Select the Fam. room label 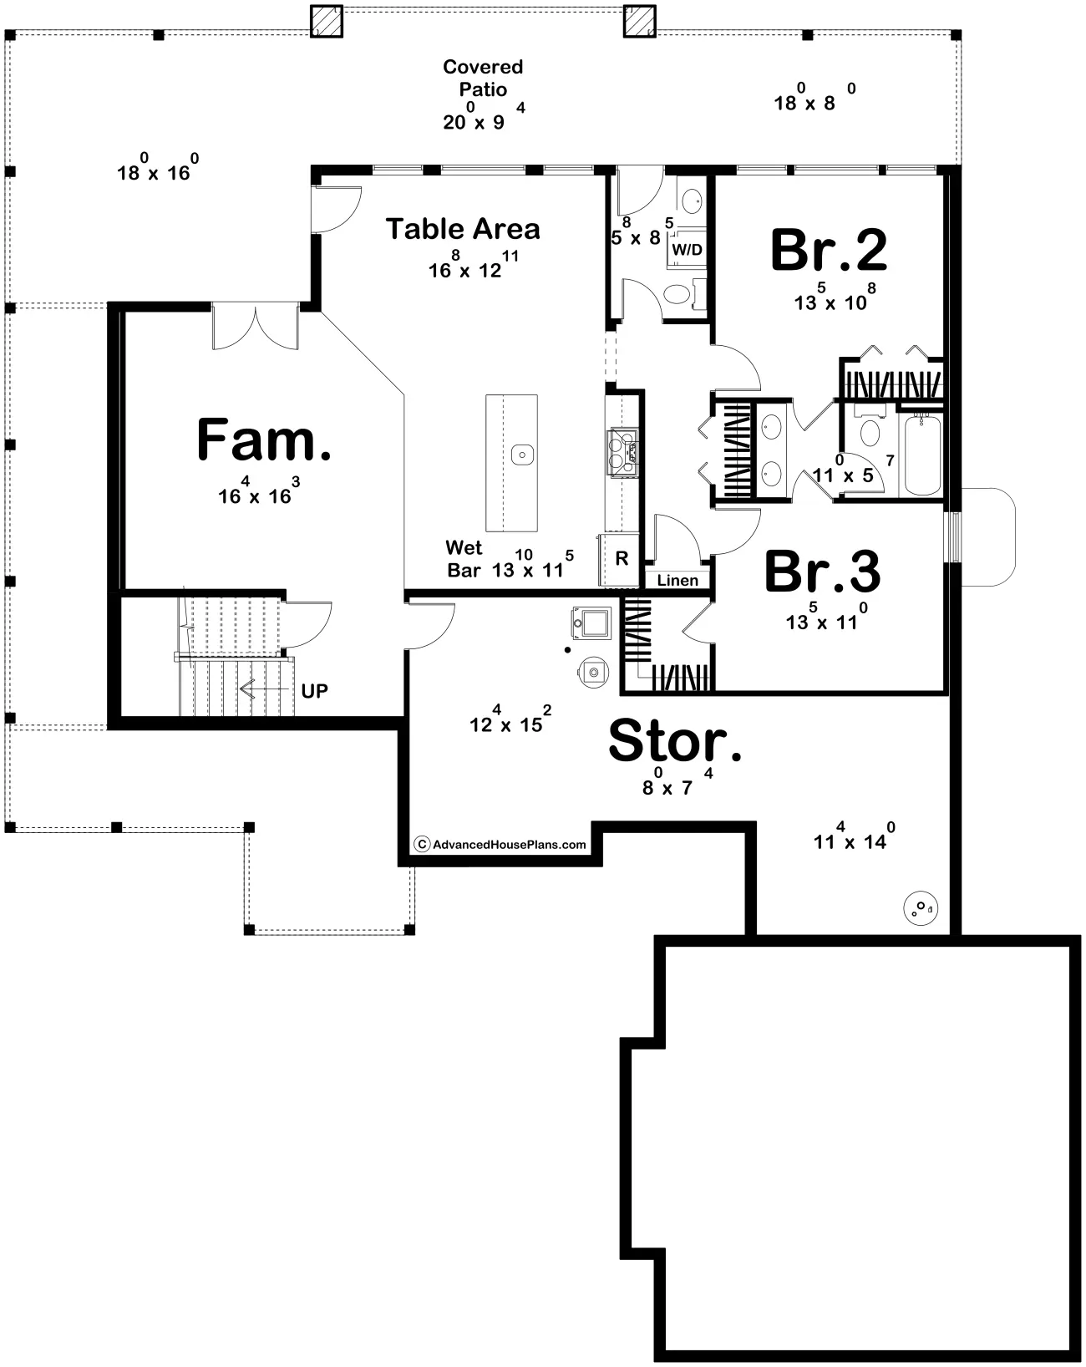[x=263, y=439]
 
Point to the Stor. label [x=674, y=740]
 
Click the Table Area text [x=462, y=229]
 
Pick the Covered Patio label [x=483, y=78]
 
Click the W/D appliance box [x=688, y=250]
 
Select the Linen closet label [x=677, y=580]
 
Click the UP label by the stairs [x=314, y=691]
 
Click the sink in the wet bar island [x=523, y=455]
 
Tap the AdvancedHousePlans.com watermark [x=500, y=844]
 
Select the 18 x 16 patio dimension [x=158, y=168]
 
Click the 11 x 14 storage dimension [x=855, y=836]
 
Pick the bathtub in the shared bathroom [x=922, y=455]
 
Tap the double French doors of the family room [x=256, y=327]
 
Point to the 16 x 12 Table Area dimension [x=474, y=265]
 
